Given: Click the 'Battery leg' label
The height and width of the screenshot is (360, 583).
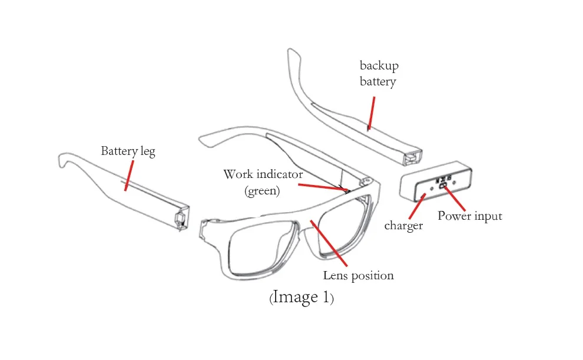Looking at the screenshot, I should (x=128, y=151).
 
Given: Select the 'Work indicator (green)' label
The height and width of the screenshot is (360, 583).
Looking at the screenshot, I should (x=263, y=182).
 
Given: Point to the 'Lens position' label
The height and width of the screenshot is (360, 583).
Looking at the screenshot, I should (x=358, y=275).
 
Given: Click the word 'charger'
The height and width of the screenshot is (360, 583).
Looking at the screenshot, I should (x=403, y=225).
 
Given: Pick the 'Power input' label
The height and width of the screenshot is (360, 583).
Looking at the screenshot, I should (x=469, y=216).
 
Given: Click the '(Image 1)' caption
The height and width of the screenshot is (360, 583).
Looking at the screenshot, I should (x=302, y=298).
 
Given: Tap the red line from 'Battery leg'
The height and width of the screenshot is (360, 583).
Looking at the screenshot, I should (x=128, y=174).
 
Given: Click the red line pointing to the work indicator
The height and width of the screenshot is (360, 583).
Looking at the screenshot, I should (x=322, y=187).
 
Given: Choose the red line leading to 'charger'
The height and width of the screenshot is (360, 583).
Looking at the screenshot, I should (x=416, y=207).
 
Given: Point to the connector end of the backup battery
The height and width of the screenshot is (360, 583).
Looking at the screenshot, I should (x=413, y=157).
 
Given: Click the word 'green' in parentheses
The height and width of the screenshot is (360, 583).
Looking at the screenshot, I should (x=263, y=190).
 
